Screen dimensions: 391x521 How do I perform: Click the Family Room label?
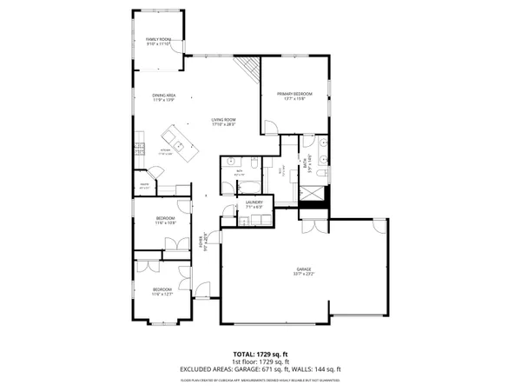point(157,42)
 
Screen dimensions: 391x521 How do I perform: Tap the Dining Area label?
point(164,98)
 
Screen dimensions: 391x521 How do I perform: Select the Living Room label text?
point(224,123)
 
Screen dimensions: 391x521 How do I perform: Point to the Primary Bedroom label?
point(294,96)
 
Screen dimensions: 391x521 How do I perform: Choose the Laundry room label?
point(254,205)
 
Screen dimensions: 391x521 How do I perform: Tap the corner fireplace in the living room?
point(251,68)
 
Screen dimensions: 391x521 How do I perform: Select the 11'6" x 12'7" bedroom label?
point(163,291)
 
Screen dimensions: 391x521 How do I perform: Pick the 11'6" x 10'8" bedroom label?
point(165,220)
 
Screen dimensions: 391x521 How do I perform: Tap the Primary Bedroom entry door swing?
point(271,129)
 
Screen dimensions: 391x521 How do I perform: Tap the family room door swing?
point(177,61)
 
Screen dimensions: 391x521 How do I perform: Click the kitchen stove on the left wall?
point(138,153)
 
